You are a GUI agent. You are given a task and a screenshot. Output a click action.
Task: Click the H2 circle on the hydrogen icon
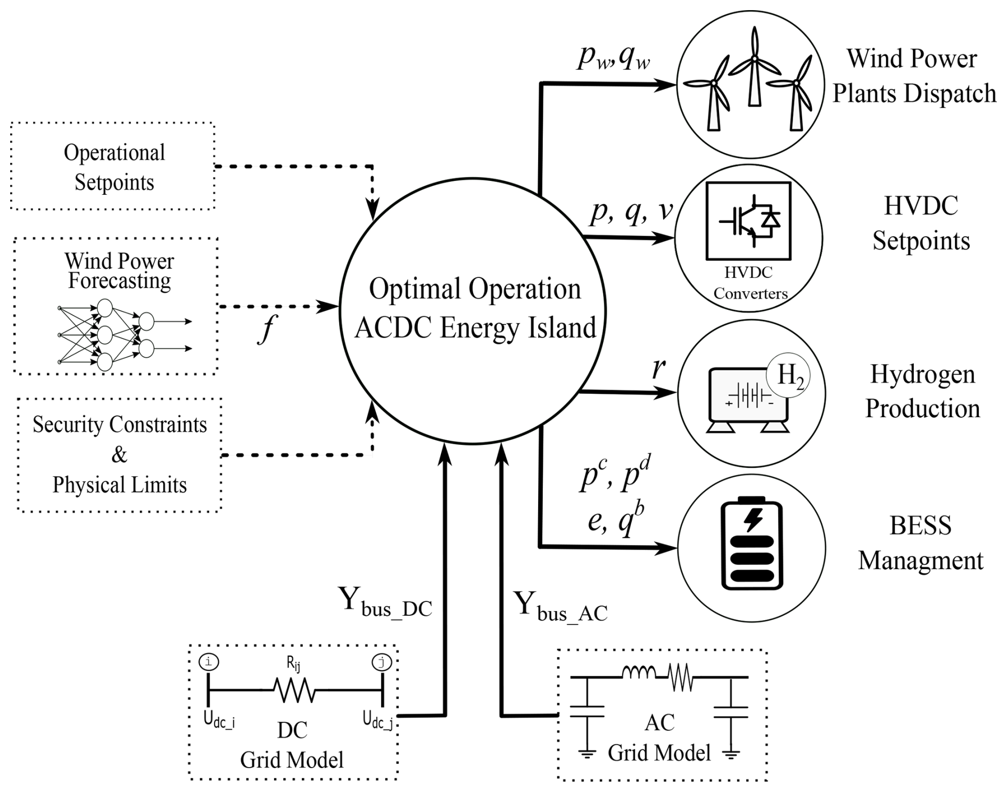click(x=788, y=376)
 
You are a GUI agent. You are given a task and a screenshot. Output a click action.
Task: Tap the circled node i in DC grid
click(x=209, y=662)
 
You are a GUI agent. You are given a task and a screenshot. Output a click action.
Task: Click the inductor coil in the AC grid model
click(x=639, y=673)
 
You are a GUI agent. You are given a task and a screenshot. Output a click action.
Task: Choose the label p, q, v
click(x=631, y=213)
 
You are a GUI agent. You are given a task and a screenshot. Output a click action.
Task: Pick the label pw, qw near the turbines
click(x=613, y=57)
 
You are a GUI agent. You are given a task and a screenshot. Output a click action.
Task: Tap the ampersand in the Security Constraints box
click(x=119, y=455)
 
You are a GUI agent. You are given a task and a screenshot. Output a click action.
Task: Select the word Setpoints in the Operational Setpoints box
click(x=114, y=183)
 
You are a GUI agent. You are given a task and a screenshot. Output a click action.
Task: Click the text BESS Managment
click(x=920, y=543)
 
